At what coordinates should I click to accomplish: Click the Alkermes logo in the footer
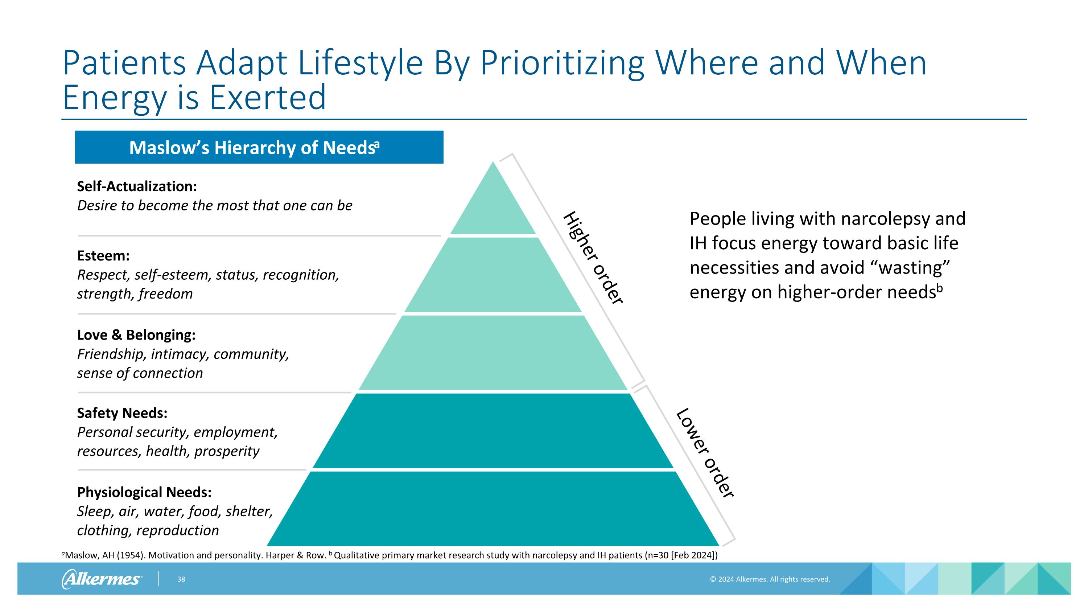point(102,579)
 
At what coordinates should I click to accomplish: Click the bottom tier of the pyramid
point(493,509)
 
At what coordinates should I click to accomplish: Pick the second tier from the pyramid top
point(493,275)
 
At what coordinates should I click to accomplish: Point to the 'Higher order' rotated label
point(593,258)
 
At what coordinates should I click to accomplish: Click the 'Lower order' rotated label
point(705,453)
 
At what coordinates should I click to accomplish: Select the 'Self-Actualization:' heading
point(137,186)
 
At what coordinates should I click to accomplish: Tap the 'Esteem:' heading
point(103,255)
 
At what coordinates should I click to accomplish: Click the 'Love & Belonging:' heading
point(136,335)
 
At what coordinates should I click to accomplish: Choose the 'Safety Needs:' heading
point(122,413)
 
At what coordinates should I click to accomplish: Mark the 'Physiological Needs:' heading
point(144,493)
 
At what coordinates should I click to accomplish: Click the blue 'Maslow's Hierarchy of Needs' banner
point(259,147)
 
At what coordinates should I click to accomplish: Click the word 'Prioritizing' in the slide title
point(562,63)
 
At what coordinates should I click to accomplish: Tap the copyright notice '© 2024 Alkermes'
point(770,579)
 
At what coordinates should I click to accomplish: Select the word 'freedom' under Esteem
point(166,293)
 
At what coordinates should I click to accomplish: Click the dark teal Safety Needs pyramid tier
point(493,431)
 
